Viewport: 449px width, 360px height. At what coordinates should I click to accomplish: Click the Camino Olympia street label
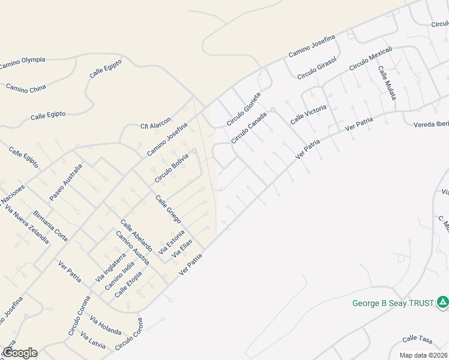[x=22, y=62]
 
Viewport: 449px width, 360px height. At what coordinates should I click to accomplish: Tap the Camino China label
[x=26, y=88]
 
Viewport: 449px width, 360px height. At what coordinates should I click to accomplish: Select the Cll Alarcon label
[x=156, y=122]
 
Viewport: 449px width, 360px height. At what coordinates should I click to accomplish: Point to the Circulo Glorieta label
[x=244, y=109]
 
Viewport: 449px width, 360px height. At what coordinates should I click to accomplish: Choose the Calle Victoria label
[x=309, y=114]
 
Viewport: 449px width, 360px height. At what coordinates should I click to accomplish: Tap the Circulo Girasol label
[x=318, y=68]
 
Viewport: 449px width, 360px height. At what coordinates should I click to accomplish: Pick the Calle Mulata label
[x=387, y=83]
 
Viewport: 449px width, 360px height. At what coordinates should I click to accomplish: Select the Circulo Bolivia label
[x=172, y=169]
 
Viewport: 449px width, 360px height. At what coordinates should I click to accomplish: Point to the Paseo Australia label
[x=65, y=182]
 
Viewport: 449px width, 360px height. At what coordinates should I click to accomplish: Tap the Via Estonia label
[x=172, y=237]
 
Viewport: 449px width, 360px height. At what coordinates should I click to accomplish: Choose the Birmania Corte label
[x=51, y=226]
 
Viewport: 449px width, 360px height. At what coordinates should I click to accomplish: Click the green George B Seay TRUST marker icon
[x=442, y=302]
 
